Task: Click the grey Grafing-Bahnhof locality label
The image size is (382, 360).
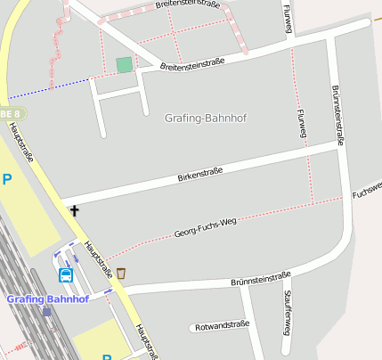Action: pos(206,118)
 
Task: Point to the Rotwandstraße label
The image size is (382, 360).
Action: pos(220,326)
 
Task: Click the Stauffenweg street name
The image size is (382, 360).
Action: pos(286,312)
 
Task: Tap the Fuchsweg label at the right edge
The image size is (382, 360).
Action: pos(367,188)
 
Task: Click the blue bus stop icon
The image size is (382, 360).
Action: pos(66,275)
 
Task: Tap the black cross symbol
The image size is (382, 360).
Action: pos(74,211)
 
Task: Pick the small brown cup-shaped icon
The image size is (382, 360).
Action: pos(120,273)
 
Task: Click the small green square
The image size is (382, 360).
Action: pos(124,65)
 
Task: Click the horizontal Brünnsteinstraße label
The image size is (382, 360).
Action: pos(260,279)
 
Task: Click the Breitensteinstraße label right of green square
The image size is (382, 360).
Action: pos(191,64)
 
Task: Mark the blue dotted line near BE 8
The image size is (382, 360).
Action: pos(49,88)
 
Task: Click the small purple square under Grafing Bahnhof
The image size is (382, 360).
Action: pos(46,312)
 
